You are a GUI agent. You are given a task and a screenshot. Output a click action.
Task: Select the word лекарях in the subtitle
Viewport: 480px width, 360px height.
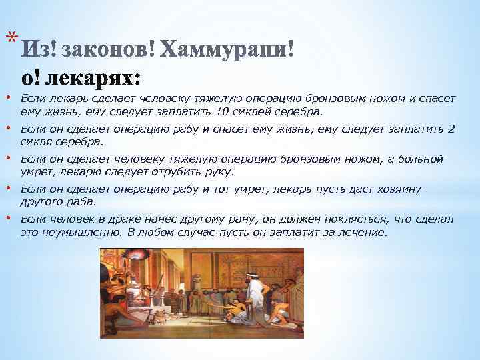pos(96,78)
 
